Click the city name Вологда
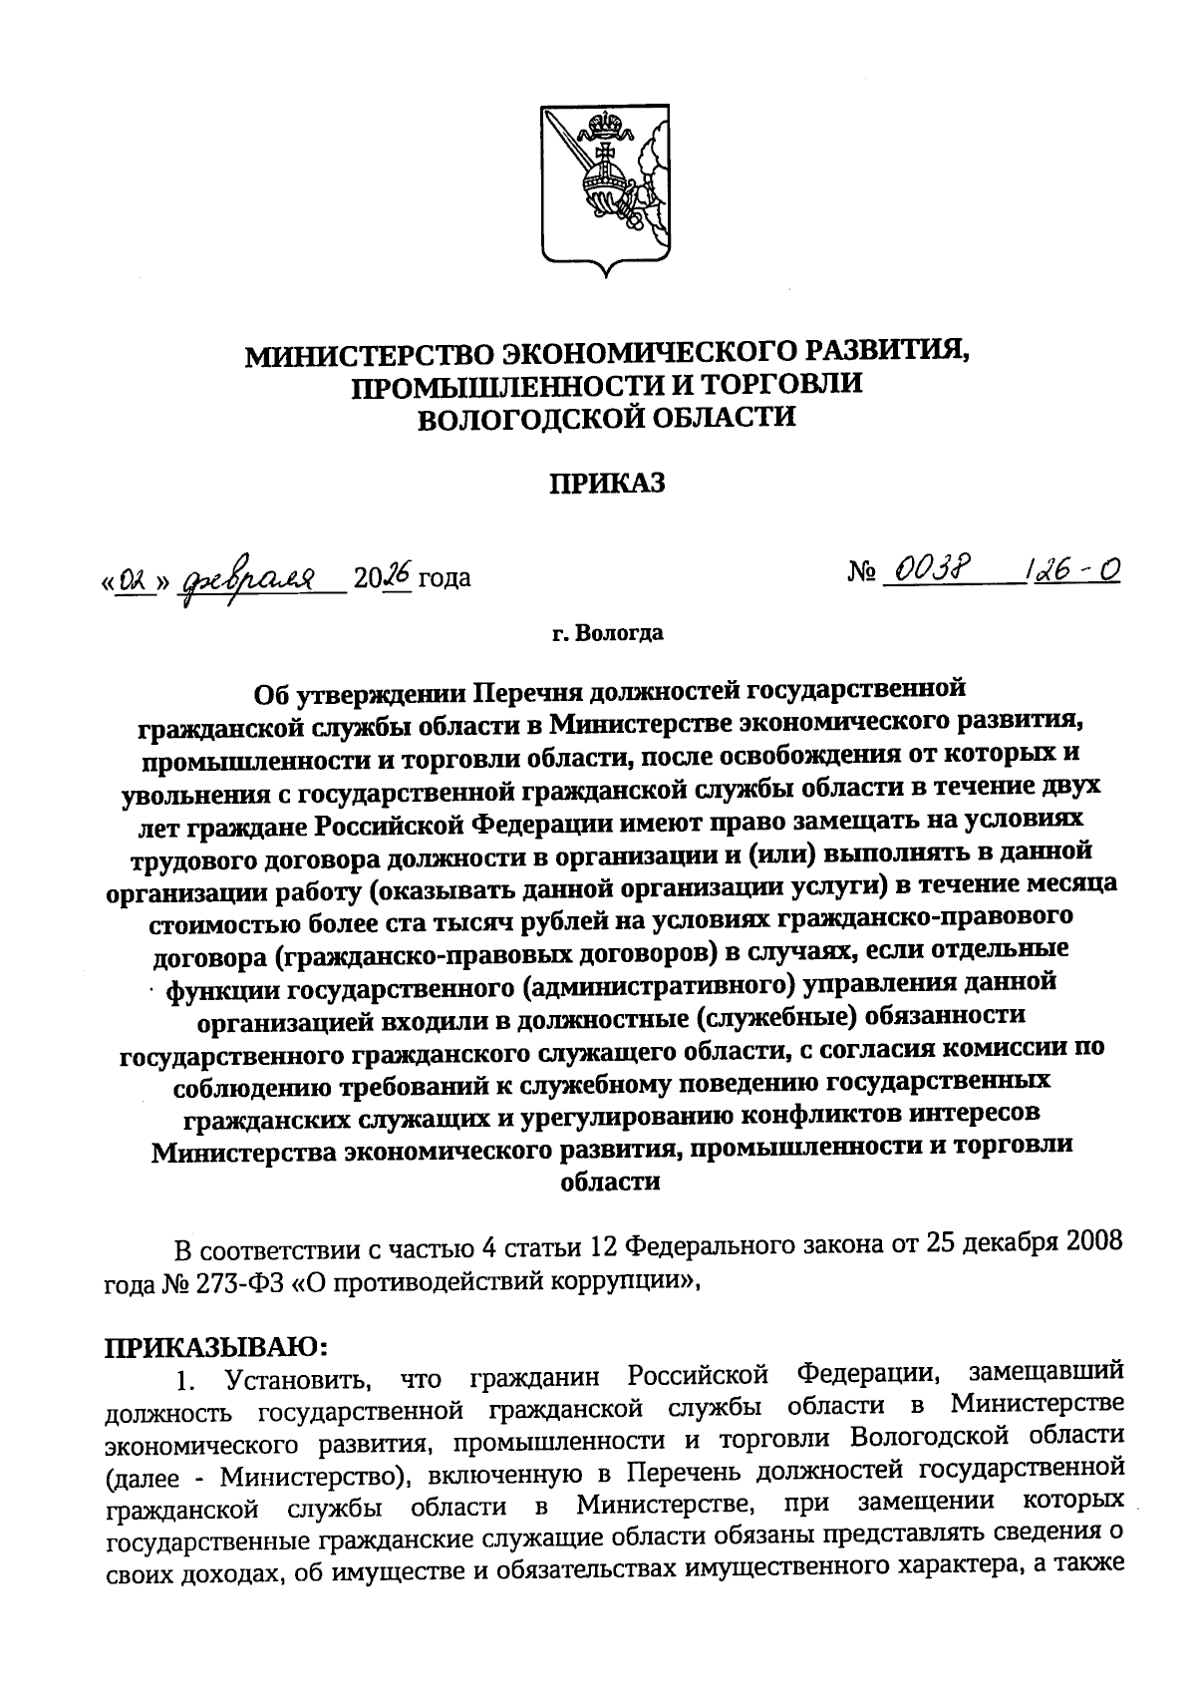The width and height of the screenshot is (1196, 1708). coord(619,633)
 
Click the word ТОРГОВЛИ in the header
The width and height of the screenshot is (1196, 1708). coord(784,386)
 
